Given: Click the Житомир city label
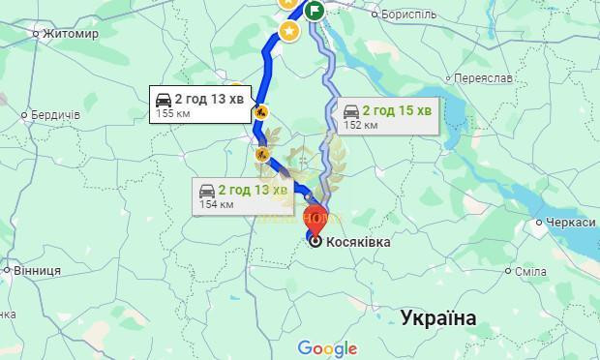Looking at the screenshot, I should click(71, 33).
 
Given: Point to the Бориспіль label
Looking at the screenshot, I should click(408, 15).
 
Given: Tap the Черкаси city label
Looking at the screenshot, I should click(567, 223).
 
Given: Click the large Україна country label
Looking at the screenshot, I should click(438, 318).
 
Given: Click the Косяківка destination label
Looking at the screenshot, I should click(358, 241).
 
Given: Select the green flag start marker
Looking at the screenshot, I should click(315, 11).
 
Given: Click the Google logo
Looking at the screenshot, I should click(327, 348).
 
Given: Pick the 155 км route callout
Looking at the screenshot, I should click(199, 104).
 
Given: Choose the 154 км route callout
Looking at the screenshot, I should click(242, 195).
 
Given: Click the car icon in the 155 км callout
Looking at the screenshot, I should click(165, 98).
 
